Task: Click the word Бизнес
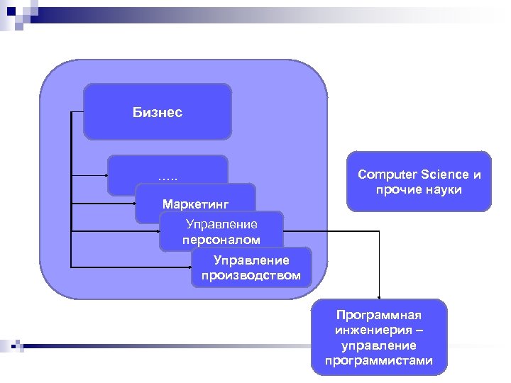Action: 157,112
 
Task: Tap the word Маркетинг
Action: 195,204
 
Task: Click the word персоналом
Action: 221,240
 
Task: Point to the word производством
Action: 251,274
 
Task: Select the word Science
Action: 445,174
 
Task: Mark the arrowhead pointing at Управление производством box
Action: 189,267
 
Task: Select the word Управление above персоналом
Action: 221,225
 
